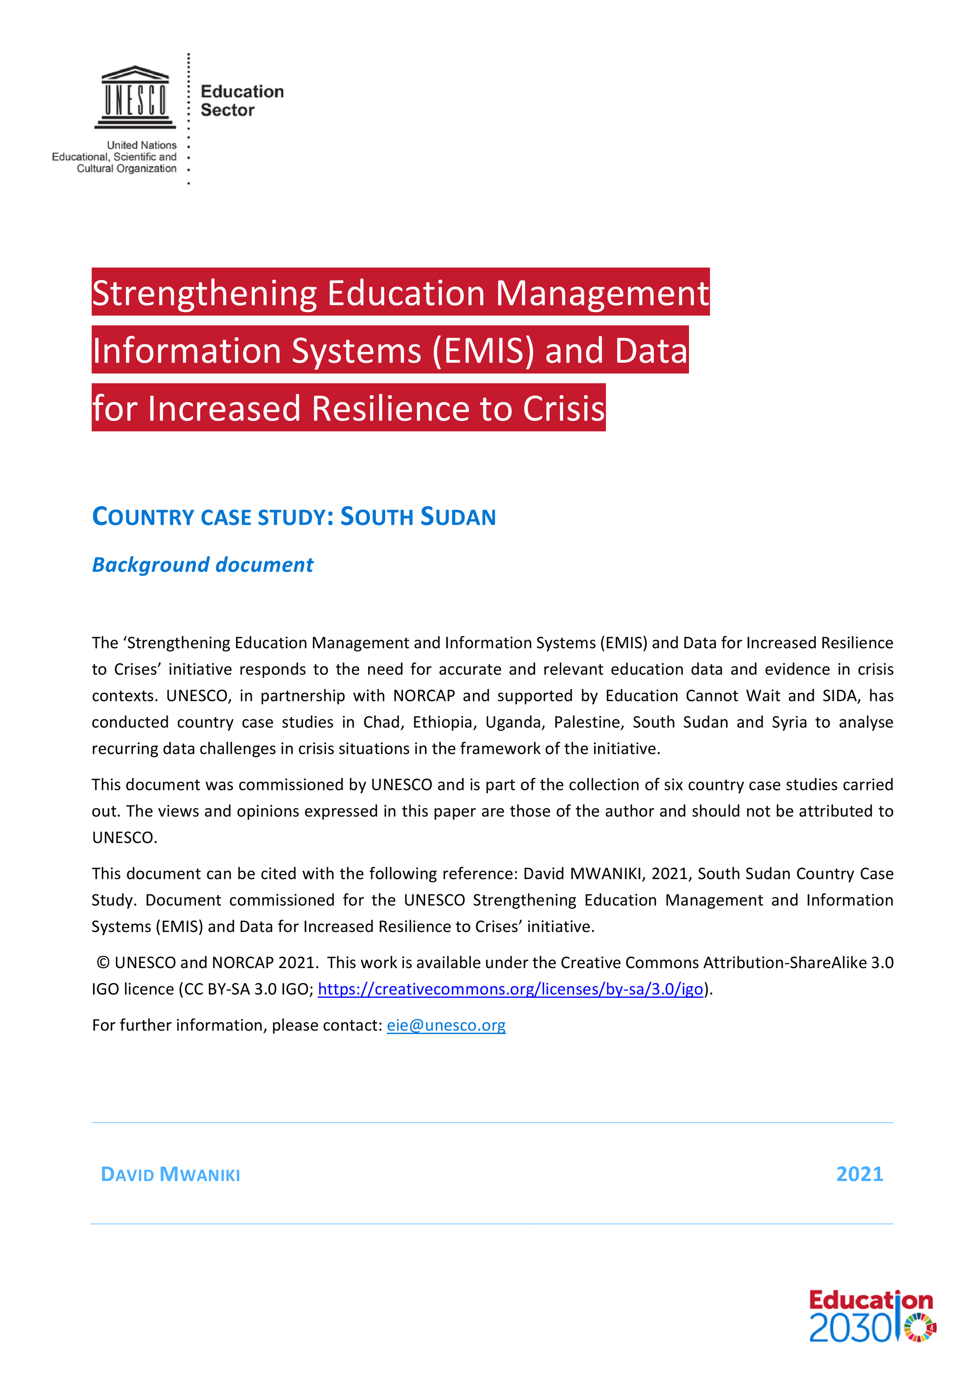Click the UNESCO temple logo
135,97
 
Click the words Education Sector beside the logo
242,101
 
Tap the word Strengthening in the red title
204,293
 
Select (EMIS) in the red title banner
483,351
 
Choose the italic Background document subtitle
202,565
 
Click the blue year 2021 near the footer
859,1174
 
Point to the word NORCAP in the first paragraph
424,696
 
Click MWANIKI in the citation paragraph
607,874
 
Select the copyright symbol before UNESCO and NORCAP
103,963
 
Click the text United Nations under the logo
142,145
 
